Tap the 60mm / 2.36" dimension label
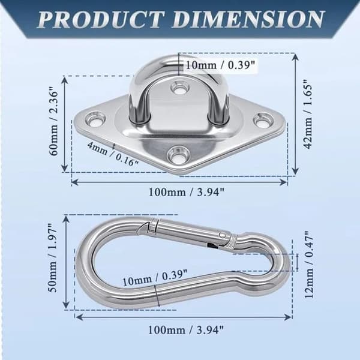click(x=54, y=123)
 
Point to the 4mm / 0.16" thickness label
click(x=113, y=154)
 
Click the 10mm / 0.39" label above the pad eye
click(x=220, y=65)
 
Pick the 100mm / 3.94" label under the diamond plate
click(x=186, y=192)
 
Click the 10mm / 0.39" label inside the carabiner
click(x=155, y=277)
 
